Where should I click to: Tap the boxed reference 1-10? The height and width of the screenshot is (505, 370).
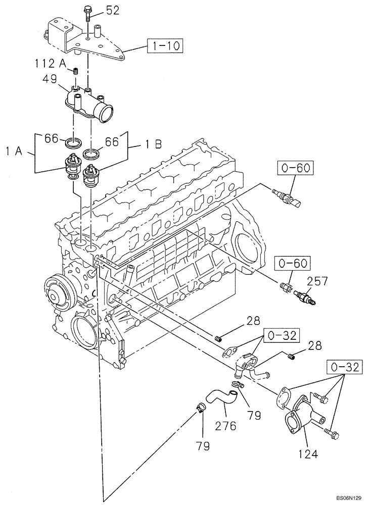click(x=165, y=47)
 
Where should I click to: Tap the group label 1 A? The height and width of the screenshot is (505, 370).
click(x=14, y=150)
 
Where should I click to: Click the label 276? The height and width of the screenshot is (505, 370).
click(x=225, y=426)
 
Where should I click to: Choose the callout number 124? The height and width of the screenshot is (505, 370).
click(x=308, y=454)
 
